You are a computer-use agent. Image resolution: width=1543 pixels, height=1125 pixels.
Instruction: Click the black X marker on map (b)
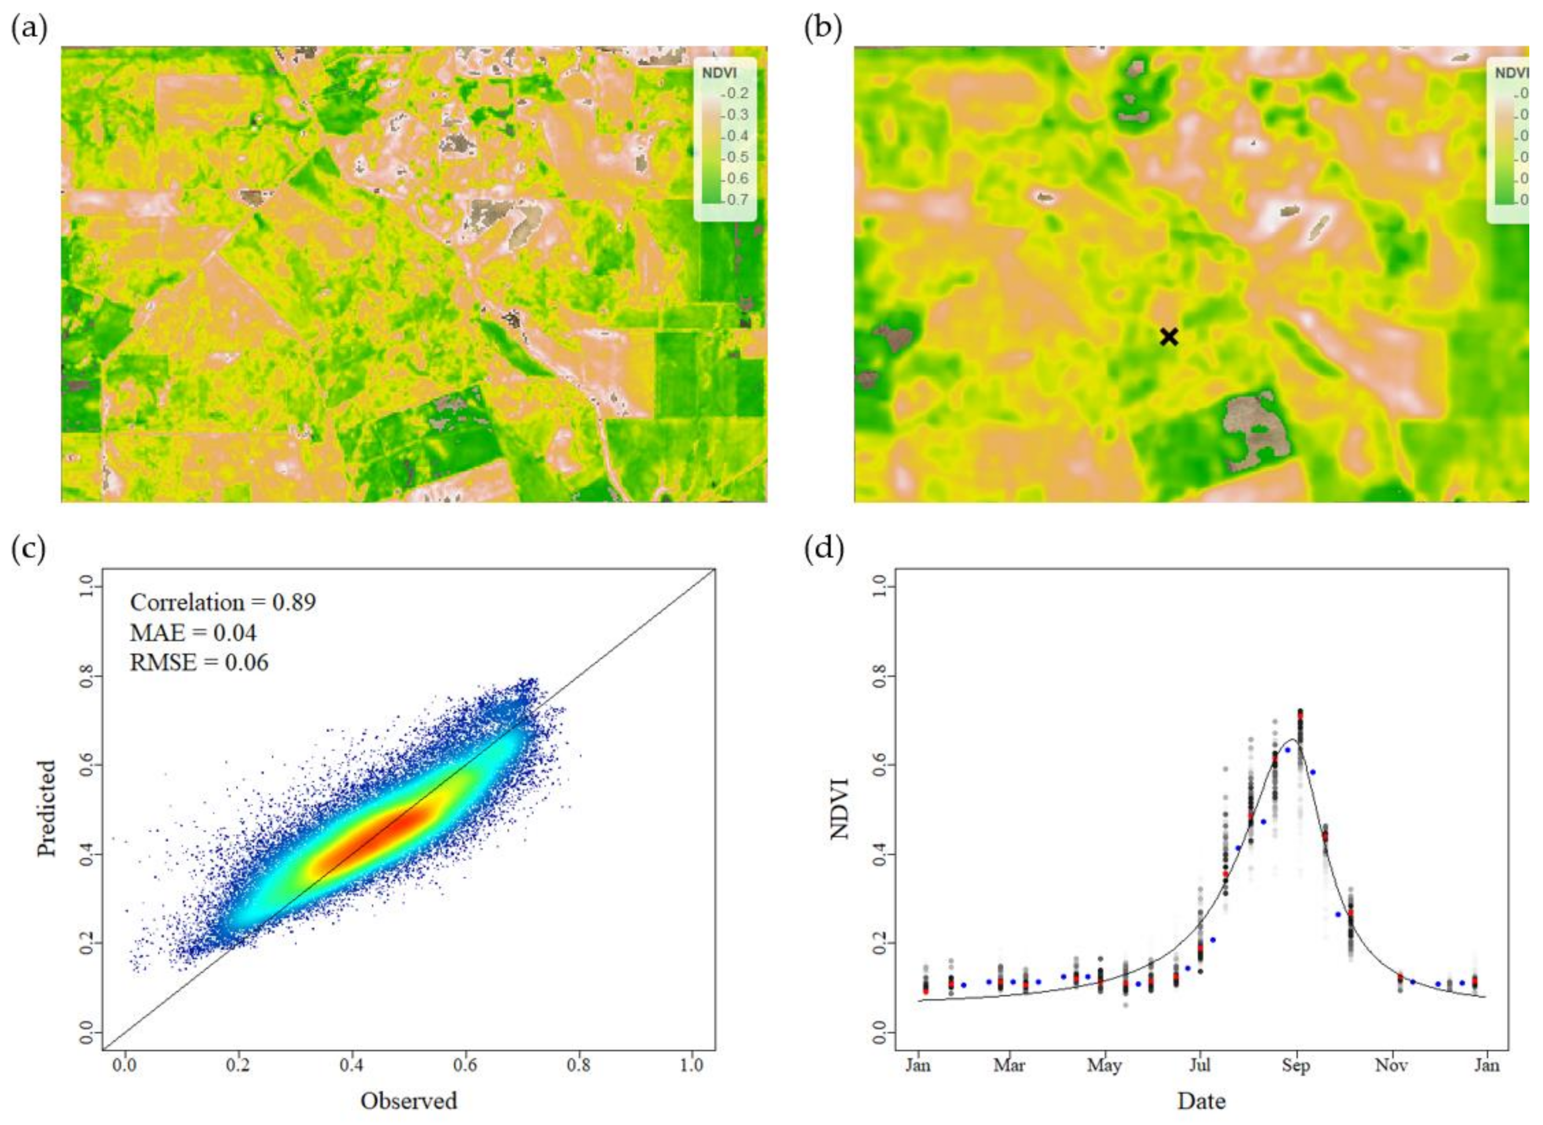tap(1169, 336)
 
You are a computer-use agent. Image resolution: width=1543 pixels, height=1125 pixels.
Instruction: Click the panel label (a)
tap(29, 29)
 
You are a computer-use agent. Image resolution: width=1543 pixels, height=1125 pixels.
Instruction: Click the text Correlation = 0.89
tap(223, 603)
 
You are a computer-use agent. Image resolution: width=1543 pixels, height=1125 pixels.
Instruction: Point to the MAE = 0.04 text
tap(194, 633)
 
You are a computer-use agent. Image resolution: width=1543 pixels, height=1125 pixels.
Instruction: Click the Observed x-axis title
tap(408, 1101)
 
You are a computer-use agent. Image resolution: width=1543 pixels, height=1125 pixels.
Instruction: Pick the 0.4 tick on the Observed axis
tap(351, 1065)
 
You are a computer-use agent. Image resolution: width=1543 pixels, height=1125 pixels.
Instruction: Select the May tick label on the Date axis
tap(1104, 1065)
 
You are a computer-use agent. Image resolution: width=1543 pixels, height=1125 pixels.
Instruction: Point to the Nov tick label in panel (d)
tap(1391, 1065)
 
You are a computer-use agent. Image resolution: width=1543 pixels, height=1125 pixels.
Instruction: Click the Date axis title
tap(1201, 1101)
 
